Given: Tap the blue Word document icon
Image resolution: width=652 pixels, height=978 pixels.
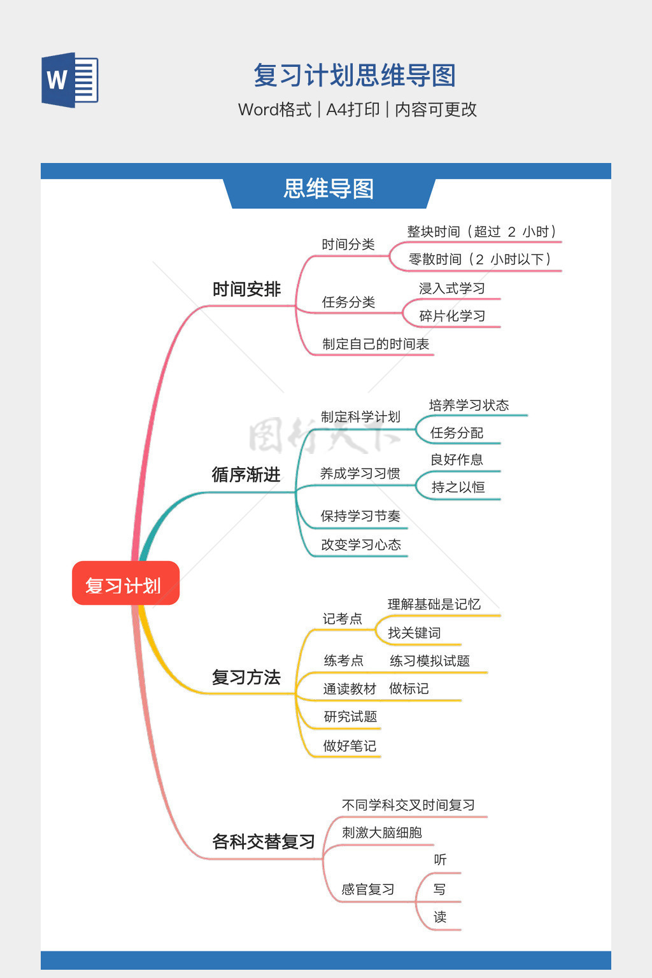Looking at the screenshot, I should [x=70, y=80].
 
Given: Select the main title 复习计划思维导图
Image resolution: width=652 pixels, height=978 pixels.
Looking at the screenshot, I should [x=355, y=76].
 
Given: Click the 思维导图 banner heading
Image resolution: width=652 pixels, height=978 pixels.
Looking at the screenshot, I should [x=329, y=189].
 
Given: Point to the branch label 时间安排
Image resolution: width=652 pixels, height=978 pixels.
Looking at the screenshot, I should [x=246, y=290].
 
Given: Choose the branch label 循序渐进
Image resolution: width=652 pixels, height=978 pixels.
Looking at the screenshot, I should [x=246, y=475].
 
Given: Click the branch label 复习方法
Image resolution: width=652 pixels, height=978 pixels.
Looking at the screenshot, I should [x=246, y=677].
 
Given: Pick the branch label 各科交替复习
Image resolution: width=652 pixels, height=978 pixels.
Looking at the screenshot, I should [x=263, y=842].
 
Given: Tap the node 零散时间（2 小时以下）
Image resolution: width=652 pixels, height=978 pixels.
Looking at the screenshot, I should [x=479, y=259].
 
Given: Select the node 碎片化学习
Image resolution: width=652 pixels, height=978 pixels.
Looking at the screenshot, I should [x=452, y=316].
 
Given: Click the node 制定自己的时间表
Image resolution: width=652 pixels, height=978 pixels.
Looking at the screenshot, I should [x=376, y=344].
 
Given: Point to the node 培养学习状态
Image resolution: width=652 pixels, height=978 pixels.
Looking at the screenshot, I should [x=469, y=405].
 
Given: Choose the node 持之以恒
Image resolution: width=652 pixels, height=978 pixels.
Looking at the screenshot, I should [x=458, y=487].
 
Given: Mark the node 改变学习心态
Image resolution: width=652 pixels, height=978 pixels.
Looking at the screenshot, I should [x=361, y=545].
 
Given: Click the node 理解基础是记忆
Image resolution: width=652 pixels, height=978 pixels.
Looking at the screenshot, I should [x=434, y=604].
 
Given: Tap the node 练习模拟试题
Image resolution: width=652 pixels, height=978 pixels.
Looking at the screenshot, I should [x=430, y=661].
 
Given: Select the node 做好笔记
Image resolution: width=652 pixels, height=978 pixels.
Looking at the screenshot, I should [x=350, y=746].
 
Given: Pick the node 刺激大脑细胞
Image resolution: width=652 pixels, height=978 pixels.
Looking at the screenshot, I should [x=381, y=833].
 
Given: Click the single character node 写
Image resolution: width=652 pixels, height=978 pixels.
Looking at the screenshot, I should [x=439, y=889].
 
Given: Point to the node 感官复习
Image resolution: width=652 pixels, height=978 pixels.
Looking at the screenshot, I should [x=367, y=889].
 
